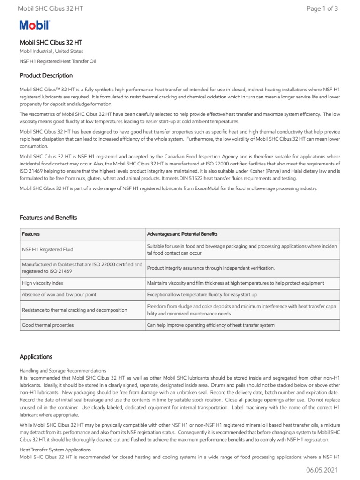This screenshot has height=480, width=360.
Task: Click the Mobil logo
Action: (34, 26)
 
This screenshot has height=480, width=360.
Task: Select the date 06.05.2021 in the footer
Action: (322, 470)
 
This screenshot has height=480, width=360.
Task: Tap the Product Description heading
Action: (46, 75)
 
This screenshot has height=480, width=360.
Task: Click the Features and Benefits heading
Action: (48, 217)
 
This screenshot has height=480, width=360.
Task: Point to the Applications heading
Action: (36, 357)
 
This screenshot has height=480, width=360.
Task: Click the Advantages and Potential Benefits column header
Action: (182, 234)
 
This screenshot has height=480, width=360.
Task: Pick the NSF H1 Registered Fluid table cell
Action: (48, 250)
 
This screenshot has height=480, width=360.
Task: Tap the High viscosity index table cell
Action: (43, 283)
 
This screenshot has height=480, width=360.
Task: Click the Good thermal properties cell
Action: (48, 325)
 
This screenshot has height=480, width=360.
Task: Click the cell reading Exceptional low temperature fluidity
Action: (202, 295)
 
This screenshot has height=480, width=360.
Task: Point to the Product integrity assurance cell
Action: (211, 268)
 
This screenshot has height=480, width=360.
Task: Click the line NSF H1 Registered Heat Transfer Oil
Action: (58, 61)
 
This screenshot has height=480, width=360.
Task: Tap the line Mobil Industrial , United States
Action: (52, 51)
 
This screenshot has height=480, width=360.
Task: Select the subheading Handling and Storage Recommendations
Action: (63, 371)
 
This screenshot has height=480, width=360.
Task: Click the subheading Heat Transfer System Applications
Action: (55, 449)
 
